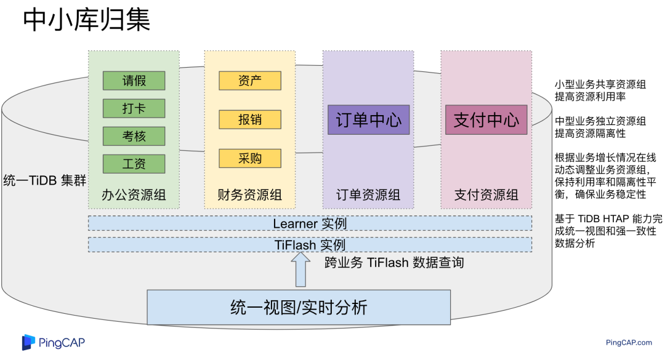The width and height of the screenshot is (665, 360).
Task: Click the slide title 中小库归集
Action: tap(86, 21)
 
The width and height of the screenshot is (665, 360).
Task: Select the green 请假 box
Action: tap(134, 81)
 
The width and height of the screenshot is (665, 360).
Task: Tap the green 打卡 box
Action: tap(134, 108)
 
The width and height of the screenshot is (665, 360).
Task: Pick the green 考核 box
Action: tap(134, 136)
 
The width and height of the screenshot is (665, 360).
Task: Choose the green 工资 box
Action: tap(134, 164)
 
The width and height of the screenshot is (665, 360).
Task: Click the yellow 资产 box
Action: tap(249, 81)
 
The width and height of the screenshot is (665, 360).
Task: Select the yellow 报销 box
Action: tap(249, 119)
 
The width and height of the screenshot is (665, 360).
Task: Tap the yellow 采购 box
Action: tap(249, 158)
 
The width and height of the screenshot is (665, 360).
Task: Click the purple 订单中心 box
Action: tap(368, 119)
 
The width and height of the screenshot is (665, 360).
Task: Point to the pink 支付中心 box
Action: tap(486, 119)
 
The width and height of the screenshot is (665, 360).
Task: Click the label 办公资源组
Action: tap(134, 196)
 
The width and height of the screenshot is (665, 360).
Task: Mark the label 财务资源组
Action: tap(249, 196)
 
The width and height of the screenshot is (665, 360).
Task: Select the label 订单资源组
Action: tap(368, 196)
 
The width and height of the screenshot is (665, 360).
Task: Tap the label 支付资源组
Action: tap(486, 196)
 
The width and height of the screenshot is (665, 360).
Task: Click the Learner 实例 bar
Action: tap(310, 223)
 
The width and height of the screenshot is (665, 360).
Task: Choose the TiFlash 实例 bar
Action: tap(310, 245)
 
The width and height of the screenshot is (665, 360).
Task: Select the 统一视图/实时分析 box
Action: tap(299, 306)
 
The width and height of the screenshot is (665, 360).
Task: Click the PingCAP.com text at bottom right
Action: tap(629, 343)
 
